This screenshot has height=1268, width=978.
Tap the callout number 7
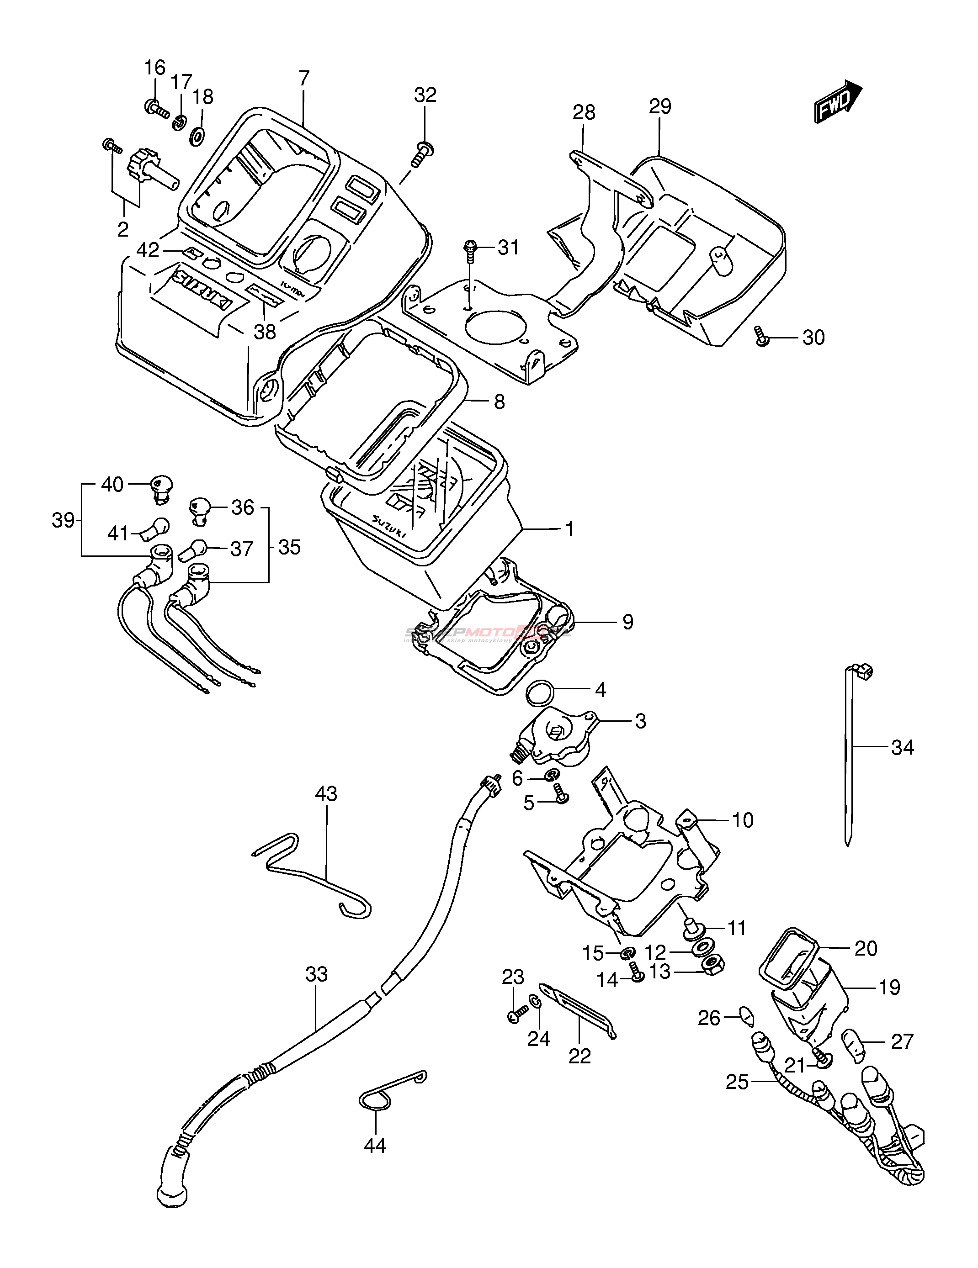coord(304,79)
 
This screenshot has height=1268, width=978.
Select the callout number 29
coord(660,107)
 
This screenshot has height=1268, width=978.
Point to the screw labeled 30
coord(761,337)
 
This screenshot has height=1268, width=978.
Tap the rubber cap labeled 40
coord(161,486)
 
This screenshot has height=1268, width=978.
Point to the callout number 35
coord(289,547)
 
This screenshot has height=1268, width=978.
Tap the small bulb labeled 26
coord(746,1015)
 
